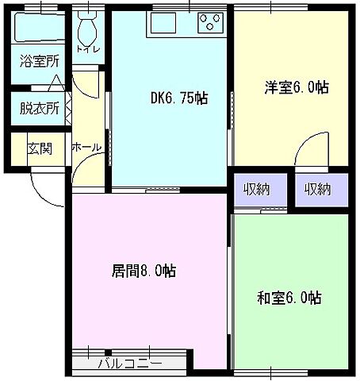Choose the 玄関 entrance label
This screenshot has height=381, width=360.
(39, 148)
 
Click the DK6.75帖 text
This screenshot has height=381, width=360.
(179, 99)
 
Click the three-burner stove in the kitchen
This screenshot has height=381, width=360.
(212, 20)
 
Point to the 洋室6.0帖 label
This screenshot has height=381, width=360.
(296, 87)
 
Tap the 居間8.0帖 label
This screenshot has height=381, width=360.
(144, 271)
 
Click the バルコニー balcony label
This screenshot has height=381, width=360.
(130, 364)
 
